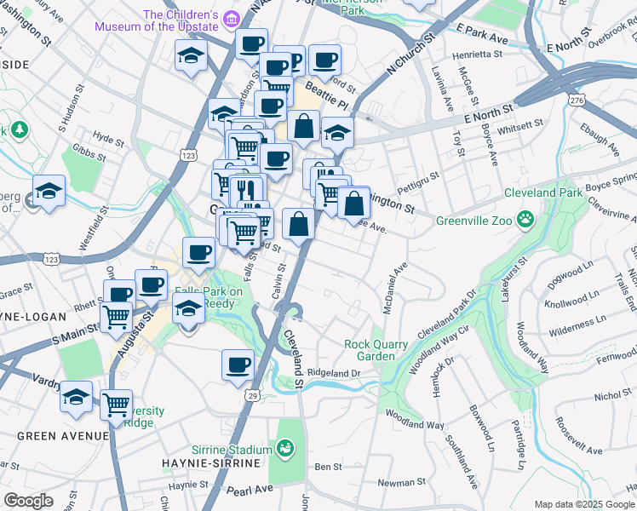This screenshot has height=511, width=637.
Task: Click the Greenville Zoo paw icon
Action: (x=526, y=221)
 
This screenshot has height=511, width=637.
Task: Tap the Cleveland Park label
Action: (x=543, y=192)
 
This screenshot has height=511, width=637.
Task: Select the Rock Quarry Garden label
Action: (x=376, y=350)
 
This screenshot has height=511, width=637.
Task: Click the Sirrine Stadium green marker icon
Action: (x=286, y=446)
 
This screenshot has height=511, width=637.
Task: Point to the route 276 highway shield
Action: (x=577, y=100)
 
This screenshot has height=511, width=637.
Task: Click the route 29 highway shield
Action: (x=252, y=395)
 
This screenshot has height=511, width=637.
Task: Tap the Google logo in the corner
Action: (x=28, y=501)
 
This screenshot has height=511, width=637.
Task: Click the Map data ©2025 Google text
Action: (x=583, y=504)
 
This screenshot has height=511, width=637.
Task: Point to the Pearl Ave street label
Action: (x=249, y=490)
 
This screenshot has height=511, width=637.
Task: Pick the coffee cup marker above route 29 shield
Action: (x=238, y=364)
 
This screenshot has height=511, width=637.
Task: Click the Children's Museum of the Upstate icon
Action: (x=230, y=19)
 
